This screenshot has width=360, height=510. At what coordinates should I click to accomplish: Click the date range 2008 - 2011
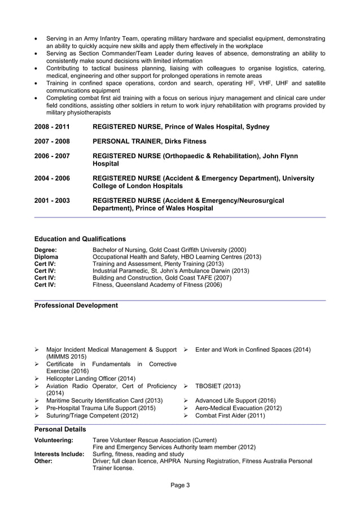click(x=52, y=127)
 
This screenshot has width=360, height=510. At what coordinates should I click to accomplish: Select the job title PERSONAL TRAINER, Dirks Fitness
click(x=148, y=141)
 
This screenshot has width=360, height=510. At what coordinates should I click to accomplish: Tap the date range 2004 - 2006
click(x=52, y=178)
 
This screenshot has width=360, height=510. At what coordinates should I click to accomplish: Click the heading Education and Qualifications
click(x=80, y=239)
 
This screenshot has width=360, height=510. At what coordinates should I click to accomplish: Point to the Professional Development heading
click(x=76, y=306)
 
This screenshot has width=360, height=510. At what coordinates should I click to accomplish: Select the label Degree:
click(x=46, y=250)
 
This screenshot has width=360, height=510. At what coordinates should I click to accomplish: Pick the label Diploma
click(x=46, y=257)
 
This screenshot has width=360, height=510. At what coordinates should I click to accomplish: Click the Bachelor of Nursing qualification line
click(x=169, y=250)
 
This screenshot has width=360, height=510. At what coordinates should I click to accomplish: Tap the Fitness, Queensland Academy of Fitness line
click(x=157, y=285)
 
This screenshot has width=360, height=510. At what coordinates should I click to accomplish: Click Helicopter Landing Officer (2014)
click(x=90, y=378)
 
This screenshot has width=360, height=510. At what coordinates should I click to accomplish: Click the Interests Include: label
click(x=59, y=454)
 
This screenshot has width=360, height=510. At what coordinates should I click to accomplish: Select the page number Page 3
click(x=180, y=485)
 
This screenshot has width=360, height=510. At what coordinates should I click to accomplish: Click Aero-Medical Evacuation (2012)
click(x=238, y=408)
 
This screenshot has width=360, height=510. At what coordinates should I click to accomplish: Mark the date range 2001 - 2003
click(x=52, y=200)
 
